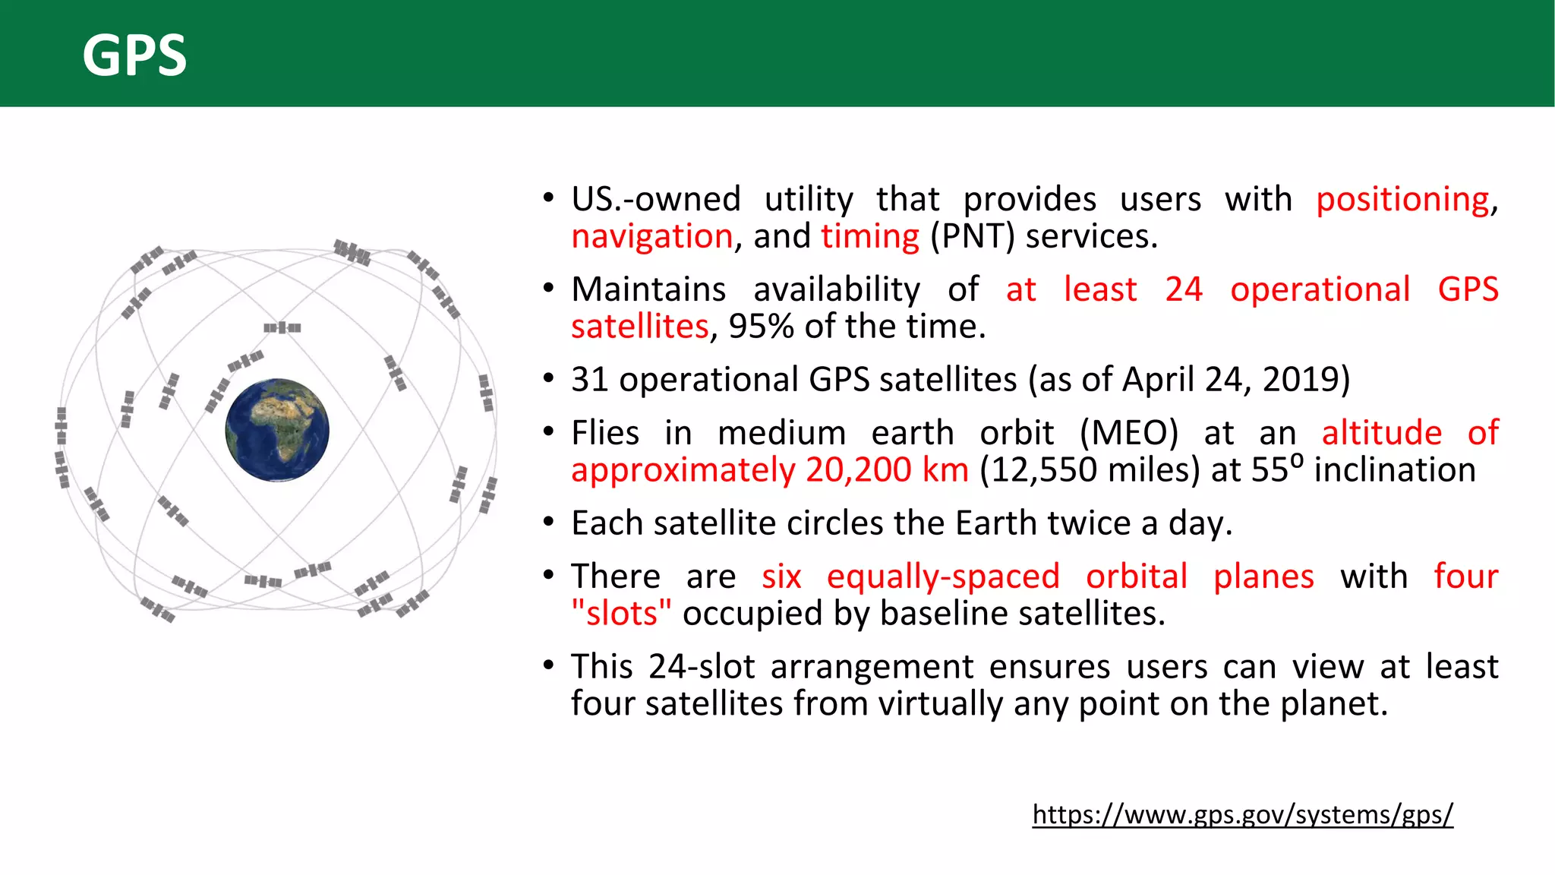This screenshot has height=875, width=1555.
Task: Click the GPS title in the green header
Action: (134, 55)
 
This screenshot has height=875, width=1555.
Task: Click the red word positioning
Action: (1402, 200)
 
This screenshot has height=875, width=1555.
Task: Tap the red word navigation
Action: (651, 236)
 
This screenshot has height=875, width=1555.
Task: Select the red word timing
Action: (869, 236)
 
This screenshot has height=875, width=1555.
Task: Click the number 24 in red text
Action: (1184, 289)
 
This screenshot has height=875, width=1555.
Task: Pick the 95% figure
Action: (761, 327)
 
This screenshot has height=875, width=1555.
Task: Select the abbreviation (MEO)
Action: (1129, 433)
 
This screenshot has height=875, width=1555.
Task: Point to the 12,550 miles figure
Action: (1089, 470)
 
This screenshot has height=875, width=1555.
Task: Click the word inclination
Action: (1395, 470)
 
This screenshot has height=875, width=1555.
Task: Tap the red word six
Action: (781, 576)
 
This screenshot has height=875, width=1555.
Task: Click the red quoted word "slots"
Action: (621, 614)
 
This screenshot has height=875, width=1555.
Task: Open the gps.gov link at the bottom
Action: (1242, 814)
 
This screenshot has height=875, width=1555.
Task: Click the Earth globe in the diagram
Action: (277, 430)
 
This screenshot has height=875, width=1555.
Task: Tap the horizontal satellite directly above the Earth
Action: (282, 327)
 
